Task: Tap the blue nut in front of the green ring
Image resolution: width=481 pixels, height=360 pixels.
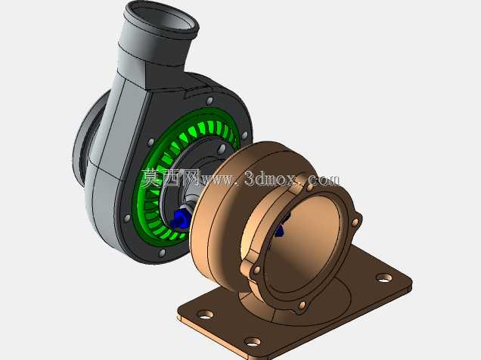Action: pos(178,219)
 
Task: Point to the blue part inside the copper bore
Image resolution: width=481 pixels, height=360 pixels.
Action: pos(280,227)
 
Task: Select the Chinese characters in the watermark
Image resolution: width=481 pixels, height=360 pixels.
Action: pos(170,178)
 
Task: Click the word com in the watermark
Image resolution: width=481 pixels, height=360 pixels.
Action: pos(324,178)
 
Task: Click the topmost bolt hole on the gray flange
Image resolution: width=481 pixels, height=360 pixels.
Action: pos(209,101)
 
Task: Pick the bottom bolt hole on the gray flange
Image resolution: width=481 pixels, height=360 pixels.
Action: pos(162,253)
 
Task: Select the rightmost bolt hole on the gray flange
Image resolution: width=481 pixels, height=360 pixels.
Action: pos(244,135)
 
